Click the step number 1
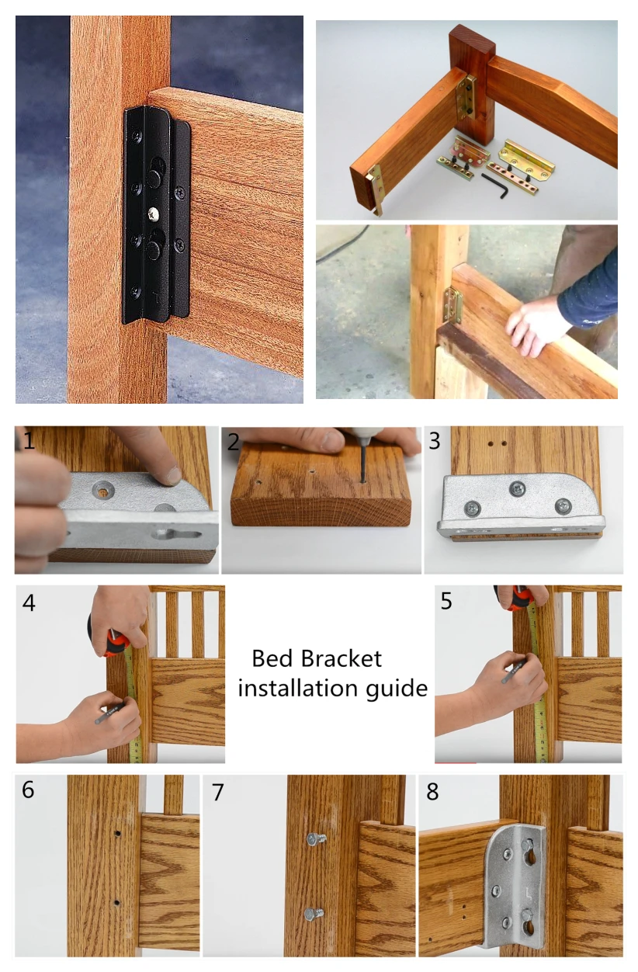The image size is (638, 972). (x=29, y=443)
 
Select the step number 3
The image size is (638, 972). (x=435, y=442)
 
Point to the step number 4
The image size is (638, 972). (x=29, y=602)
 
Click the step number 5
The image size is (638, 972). (x=447, y=602)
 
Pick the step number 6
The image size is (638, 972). (x=28, y=790)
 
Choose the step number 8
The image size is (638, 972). (x=432, y=792)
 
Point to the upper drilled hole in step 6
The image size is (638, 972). (x=116, y=833)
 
